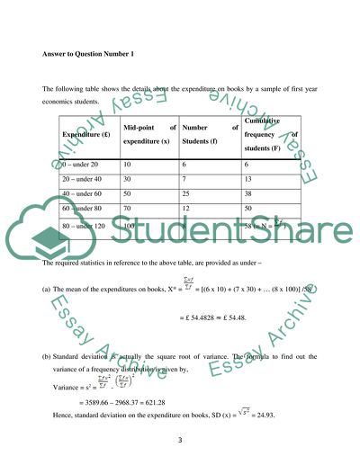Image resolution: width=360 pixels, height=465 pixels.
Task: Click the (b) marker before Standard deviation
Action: (x=46, y=345)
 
